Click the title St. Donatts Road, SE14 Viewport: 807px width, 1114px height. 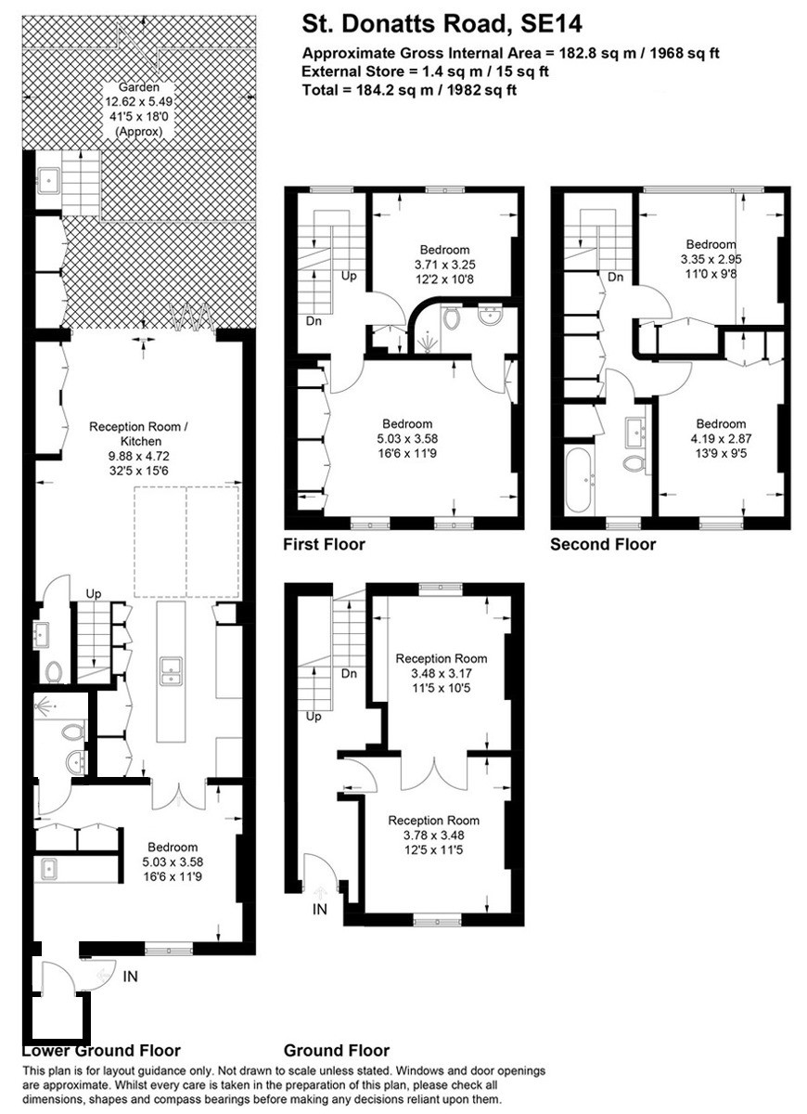[x=442, y=24]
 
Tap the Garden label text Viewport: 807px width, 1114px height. [x=139, y=87]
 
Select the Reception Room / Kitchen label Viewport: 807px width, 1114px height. [x=138, y=434]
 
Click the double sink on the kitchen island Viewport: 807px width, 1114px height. [x=171, y=671]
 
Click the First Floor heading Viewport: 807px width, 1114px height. [x=324, y=545]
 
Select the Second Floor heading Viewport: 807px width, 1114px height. [x=603, y=545]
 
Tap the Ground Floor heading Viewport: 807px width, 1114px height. [x=337, y=1050]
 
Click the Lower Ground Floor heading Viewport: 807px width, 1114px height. [x=101, y=1050]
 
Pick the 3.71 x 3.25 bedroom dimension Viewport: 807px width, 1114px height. [x=444, y=265]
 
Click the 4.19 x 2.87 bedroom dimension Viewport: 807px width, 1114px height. [x=721, y=438]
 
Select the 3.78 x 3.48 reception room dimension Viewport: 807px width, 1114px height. [x=434, y=835]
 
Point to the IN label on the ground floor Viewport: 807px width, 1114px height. [x=320, y=909]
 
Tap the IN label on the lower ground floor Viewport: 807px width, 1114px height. [x=130, y=977]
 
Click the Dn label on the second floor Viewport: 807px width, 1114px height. [x=616, y=277]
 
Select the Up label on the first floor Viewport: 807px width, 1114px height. [x=349, y=276]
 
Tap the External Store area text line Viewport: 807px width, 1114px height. [x=425, y=71]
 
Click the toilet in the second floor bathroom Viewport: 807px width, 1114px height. [x=633, y=463]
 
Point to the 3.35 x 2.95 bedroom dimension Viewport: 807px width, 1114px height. [x=711, y=259]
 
